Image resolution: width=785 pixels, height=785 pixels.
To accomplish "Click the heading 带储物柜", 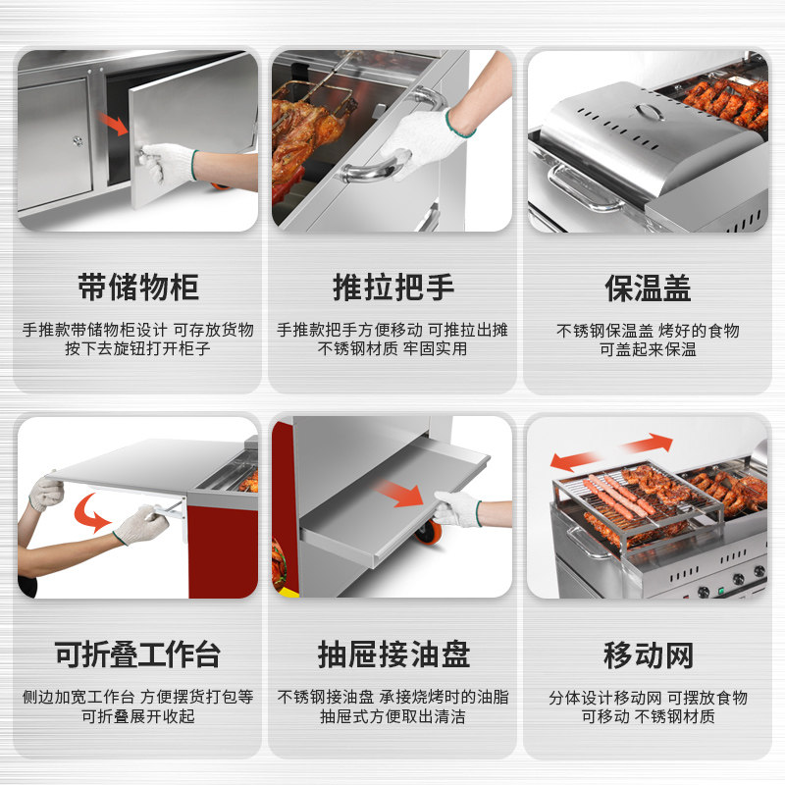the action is click(138, 288).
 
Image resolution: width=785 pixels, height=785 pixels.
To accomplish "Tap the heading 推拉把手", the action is click(393, 288).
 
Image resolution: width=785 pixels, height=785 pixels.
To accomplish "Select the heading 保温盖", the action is click(648, 288).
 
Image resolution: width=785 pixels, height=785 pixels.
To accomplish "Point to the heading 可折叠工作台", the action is click(137, 654).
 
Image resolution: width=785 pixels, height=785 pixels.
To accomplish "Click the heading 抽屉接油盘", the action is click(393, 654).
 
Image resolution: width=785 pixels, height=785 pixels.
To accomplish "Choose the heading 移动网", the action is click(649, 655).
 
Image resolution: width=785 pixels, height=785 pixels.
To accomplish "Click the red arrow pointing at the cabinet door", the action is click(114, 124).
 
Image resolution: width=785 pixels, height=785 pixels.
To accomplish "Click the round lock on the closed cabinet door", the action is click(78, 141).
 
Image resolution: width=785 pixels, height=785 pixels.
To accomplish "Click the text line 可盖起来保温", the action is click(648, 349).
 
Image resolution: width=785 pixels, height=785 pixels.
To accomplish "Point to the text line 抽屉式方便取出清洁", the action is click(392, 716).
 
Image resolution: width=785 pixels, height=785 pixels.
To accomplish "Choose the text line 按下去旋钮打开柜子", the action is click(137, 348).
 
